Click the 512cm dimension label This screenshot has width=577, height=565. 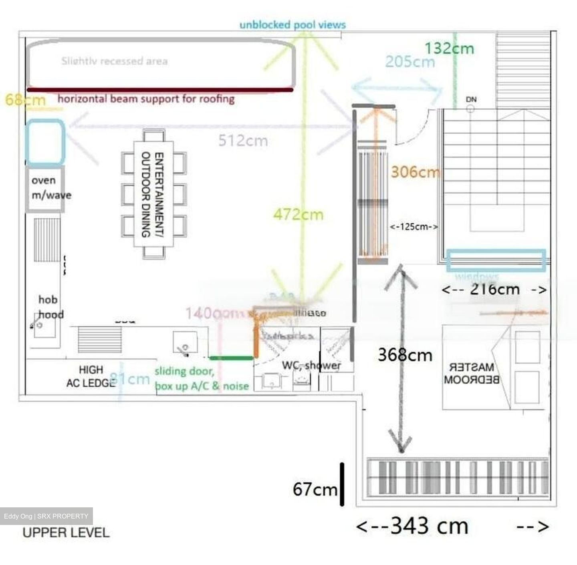[x=243, y=141]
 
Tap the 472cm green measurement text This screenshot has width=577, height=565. [x=298, y=214]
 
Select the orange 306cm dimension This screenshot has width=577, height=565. [x=415, y=172]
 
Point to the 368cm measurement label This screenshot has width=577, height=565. [x=405, y=355]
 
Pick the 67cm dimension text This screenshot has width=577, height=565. [x=315, y=489]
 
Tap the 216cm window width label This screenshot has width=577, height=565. [x=494, y=289]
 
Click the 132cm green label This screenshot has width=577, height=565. [x=449, y=48]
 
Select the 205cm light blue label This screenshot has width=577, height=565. [x=410, y=62]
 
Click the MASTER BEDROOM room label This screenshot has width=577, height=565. [x=471, y=373]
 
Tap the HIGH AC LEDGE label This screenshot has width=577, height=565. [x=91, y=376]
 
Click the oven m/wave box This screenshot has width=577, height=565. [x=45, y=189]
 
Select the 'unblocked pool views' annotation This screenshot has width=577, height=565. [x=293, y=25]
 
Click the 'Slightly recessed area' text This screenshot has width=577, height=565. [x=115, y=61]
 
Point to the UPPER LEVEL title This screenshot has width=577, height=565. [x=66, y=532]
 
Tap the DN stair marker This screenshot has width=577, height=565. [x=471, y=99]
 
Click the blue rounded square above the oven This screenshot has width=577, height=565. [x=45, y=142]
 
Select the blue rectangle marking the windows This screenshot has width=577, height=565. [x=496, y=260]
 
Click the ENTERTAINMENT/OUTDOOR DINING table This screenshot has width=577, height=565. [x=153, y=194]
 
